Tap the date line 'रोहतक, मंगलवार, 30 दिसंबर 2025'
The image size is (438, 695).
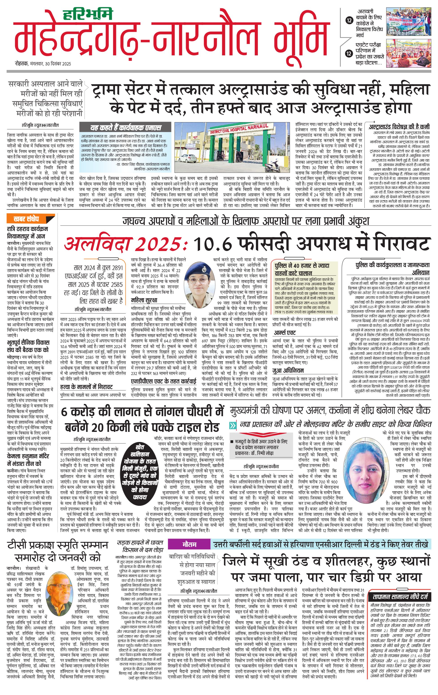(x=43, y=64)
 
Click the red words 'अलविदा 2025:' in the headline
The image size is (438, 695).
(x=126, y=244)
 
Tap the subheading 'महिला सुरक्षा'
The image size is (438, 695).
(x=144, y=300)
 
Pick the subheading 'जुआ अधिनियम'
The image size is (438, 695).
(x=288, y=370)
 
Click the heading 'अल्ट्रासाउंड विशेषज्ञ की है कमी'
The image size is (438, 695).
(x=399, y=126)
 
